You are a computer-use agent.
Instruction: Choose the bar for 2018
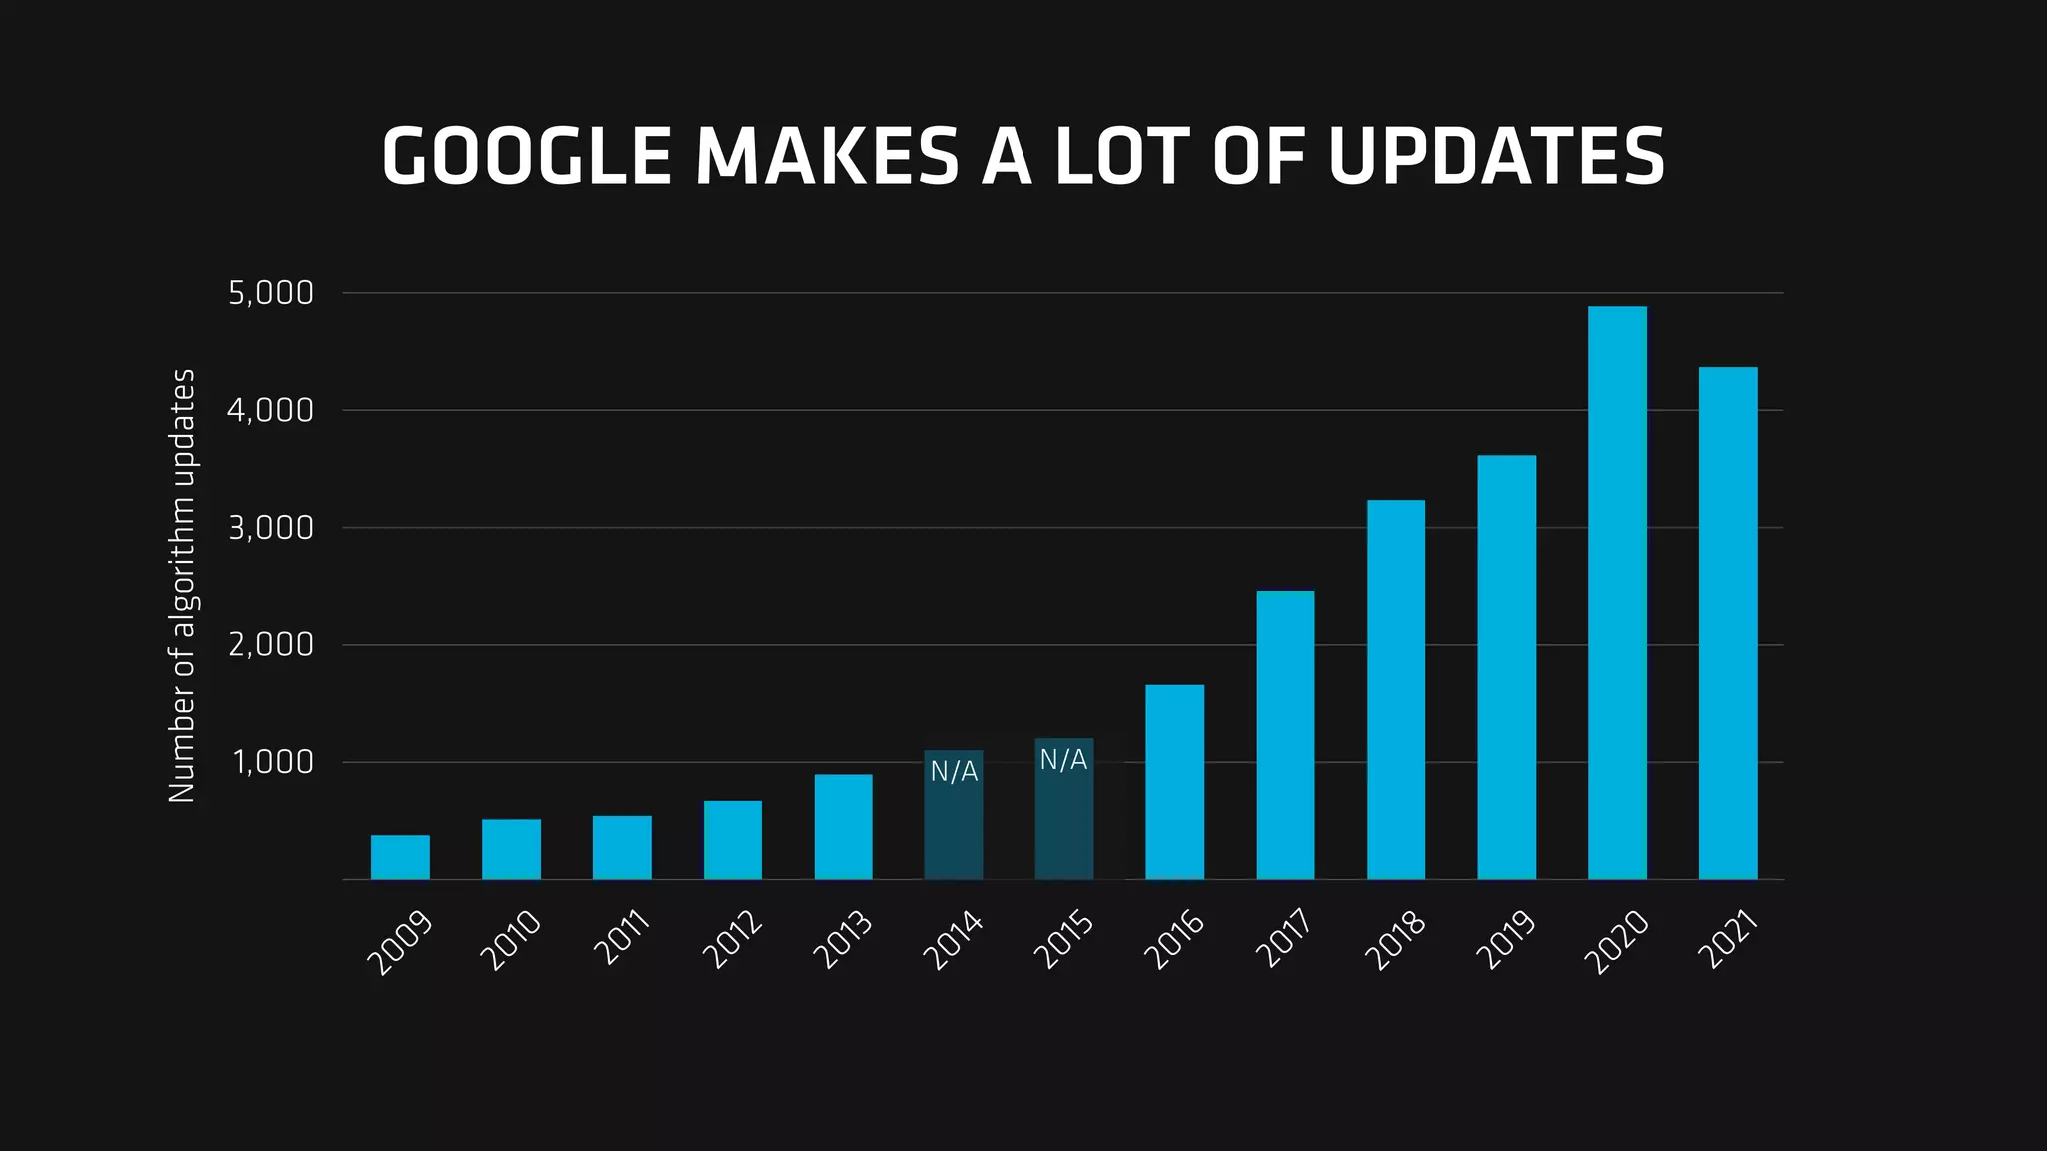click(x=1396, y=689)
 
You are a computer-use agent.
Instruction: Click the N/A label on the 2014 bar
click(x=954, y=771)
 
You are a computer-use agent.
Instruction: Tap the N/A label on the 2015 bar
click(x=1063, y=760)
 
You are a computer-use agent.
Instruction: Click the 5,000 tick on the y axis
click(x=271, y=293)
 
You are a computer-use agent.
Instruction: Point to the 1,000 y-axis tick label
click(x=273, y=763)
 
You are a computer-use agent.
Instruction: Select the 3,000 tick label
click(x=271, y=528)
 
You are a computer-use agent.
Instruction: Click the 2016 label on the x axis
click(x=1174, y=940)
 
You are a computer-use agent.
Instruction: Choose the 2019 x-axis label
click(x=1506, y=940)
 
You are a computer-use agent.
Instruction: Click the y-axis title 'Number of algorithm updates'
click(x=182, y=585)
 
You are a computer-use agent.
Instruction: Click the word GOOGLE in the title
click(x=526, y=157)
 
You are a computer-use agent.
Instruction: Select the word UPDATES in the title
click(x=1496, y=157)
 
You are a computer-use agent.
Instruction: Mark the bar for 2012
click(x=732, y=840)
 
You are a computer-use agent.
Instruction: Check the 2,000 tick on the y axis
click(x=271, y=645)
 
